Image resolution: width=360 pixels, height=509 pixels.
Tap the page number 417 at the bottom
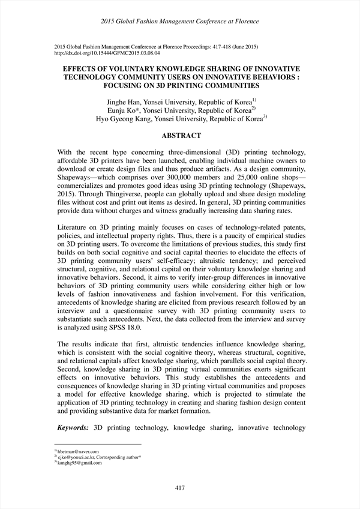tap(179, 487)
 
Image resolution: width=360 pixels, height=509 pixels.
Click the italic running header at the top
tap(180, 22)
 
